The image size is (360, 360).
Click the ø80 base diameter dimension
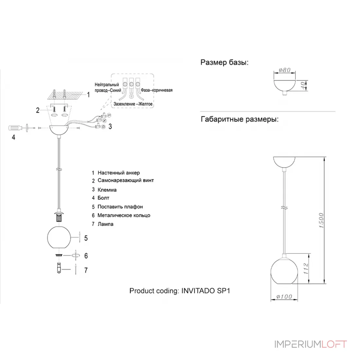(285, 70)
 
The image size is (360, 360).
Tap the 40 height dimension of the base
(303, 86)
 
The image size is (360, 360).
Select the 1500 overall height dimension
(321, 220)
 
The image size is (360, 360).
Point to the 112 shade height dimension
(306, 269)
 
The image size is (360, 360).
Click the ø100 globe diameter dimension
(284, 297)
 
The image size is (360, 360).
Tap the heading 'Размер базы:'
(224, 62)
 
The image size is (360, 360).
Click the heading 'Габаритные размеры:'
(240, 119)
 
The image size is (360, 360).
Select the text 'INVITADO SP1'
(206, 291)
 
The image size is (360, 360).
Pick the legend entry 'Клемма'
(107, 190)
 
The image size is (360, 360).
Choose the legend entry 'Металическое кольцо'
(124, 215)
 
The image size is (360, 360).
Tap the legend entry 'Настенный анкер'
(119, 173)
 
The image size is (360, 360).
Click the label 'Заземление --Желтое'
(133, 104)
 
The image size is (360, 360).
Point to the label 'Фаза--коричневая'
(156, 90)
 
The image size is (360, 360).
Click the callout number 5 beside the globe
(86, 238)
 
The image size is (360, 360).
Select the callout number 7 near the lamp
(86, 270)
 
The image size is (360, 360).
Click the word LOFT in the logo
(334, 344)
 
